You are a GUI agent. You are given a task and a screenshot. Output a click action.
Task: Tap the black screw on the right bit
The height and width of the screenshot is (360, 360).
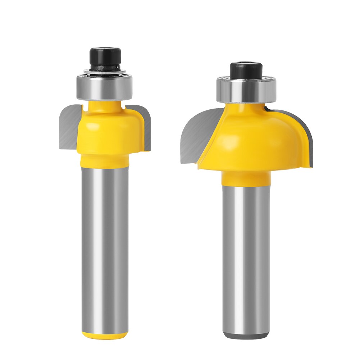[x=246, y=71]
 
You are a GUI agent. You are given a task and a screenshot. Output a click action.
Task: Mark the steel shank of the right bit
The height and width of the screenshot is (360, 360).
[x=246, y=259]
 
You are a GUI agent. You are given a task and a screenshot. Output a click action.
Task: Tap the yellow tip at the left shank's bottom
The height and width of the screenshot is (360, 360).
[x=104, y=336]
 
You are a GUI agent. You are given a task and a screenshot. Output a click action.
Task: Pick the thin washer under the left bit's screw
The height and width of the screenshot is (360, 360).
[x=105, y=72]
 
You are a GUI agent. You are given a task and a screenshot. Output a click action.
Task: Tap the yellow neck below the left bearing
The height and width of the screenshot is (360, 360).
[x=105, y=105]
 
